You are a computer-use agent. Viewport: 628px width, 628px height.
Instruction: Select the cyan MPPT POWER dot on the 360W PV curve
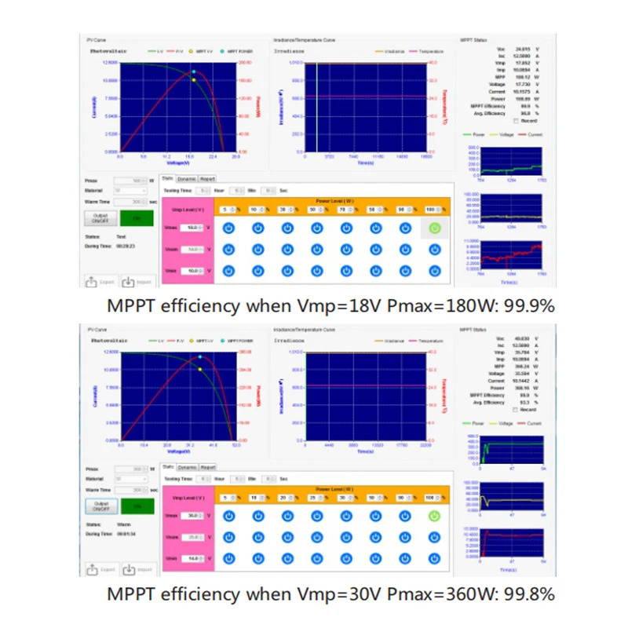tap(200, 357)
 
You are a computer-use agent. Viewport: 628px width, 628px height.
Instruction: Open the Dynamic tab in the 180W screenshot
tap(187, 179)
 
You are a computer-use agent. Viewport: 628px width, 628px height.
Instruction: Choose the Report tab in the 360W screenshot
tap(207, 466)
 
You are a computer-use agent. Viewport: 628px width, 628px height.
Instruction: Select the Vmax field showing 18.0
tap(192, 228)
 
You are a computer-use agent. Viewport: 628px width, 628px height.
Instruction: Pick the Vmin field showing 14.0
tap(192, 558)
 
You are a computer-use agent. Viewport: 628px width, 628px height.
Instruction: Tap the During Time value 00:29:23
tap(126, 246)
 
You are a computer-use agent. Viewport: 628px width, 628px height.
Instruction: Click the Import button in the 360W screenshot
tap(138, 568)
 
